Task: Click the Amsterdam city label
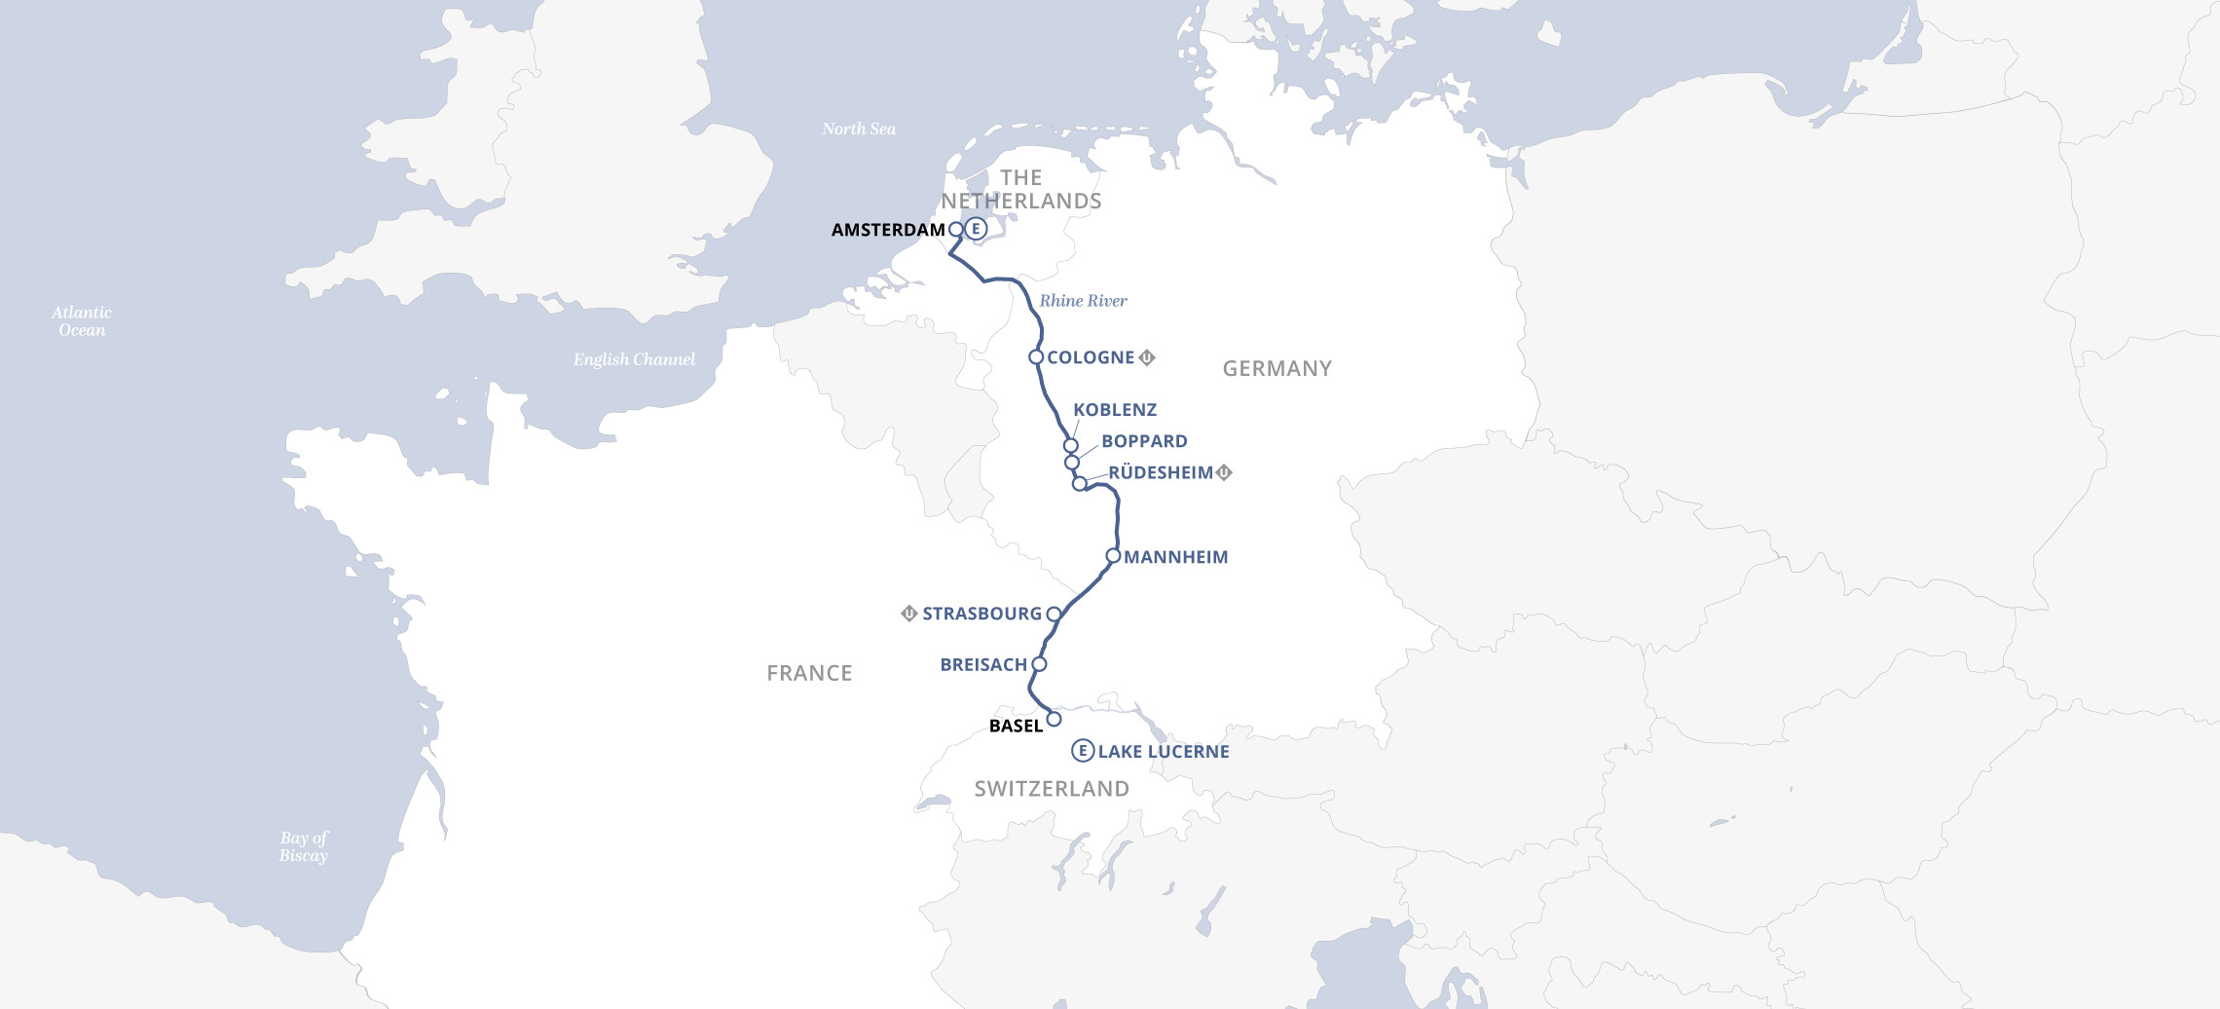[888, 230]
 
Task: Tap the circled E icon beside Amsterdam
[976, 229]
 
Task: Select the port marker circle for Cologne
[1036, 357]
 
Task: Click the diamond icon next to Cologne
[1147, 357]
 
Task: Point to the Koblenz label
[1115, 410]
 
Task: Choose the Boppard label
[1144, 441]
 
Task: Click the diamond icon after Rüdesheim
[1225, 472]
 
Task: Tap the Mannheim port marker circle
[1113, 556]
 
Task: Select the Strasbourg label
[981, 614]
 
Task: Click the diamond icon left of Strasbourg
[908, 614]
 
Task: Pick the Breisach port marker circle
[1039, 664]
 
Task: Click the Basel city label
[1016, 726]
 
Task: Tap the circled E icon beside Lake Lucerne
[1082, 751]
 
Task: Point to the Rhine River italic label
[1083, 301]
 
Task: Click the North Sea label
[858, 129]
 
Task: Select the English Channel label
[634, 359]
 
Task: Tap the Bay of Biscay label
[304, 846]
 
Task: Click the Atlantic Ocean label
[82, 321]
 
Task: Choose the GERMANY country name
[1276, 369]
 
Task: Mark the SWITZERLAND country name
[1052, 789]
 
